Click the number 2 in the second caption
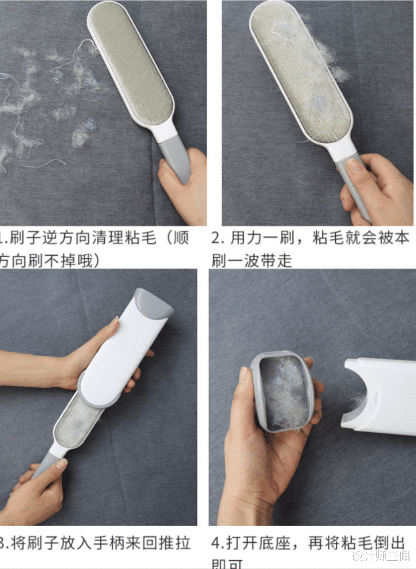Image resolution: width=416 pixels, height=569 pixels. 217,239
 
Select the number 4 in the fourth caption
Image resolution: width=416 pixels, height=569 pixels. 217,544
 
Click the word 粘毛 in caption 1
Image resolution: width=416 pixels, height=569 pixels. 140,239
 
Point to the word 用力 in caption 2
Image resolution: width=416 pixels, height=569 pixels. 246,239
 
